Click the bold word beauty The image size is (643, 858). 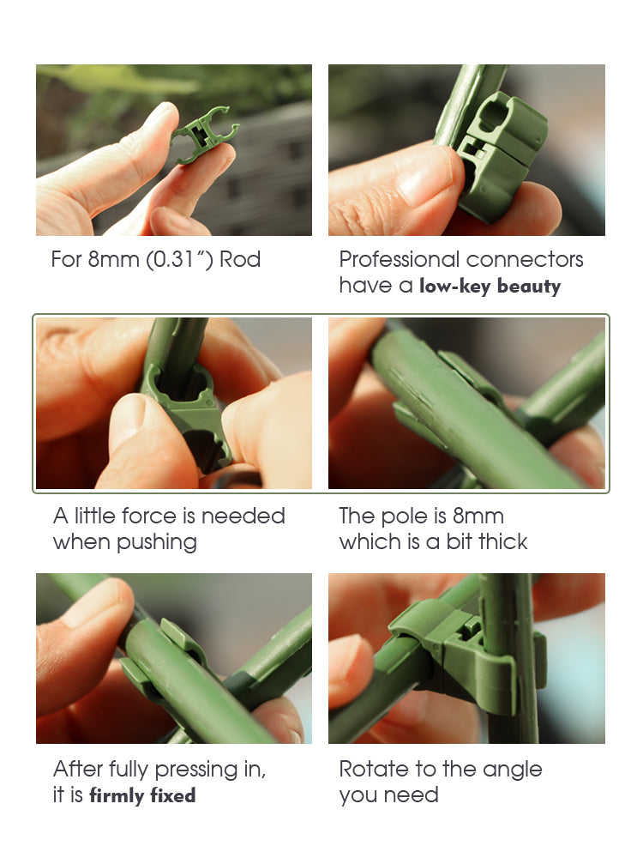click(x=529, y=286)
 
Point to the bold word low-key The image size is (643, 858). click(x=455, y=286)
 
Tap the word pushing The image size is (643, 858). click(x=156, y=543)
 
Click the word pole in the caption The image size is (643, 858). click(x=404, y=517)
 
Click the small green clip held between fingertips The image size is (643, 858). click(x=205, y=135)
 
